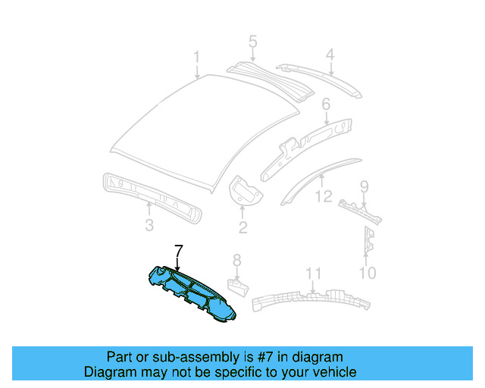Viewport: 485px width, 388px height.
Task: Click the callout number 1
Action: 196,58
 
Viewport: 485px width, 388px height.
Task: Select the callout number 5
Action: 252,42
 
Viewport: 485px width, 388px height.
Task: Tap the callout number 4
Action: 330,55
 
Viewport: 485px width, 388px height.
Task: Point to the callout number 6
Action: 326,104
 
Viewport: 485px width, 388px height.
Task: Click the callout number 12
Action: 324,197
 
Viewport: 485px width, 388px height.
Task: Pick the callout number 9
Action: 364,186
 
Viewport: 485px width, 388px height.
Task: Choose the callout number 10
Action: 367,272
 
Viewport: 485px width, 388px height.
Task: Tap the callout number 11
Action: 314,274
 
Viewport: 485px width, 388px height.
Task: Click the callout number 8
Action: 236,261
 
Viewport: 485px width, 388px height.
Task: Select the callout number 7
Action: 178,251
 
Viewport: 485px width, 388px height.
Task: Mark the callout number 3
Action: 149,225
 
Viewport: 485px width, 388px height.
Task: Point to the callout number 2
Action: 242,227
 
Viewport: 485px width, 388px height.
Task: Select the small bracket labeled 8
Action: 238,286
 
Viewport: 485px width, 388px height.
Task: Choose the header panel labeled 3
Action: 152,196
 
